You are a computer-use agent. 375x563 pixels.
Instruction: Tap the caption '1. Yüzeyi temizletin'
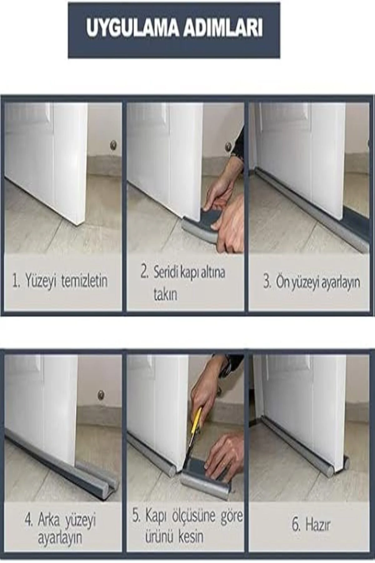click(x=60, y=281)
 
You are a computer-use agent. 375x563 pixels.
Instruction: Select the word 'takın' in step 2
click(x=165, y=294)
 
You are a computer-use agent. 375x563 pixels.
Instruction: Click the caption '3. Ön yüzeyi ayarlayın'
click(x=312, y=282)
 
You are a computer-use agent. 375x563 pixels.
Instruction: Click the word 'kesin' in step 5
click(x=191, y=537)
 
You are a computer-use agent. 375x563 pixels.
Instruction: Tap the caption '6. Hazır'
click(x=311, y=525)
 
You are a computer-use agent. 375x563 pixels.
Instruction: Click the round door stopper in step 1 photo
click(x=113, y=145)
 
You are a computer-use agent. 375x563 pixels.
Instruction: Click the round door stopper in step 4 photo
click(x=101, y=395)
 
